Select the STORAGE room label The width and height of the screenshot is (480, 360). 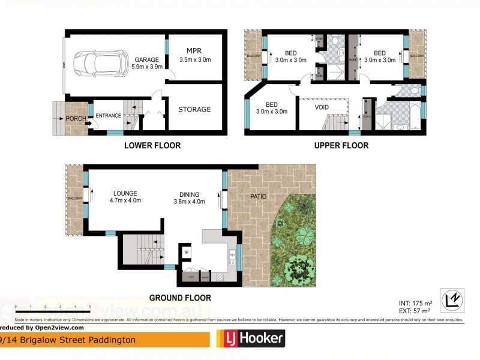[194, 109]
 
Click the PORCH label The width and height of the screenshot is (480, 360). [75, 118]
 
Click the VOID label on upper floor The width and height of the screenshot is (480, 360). [322, 108]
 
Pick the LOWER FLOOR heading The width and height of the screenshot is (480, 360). [152, 145]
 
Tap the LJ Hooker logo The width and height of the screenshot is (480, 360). [250, 339]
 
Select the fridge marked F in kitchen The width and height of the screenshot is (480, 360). [187, 253]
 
